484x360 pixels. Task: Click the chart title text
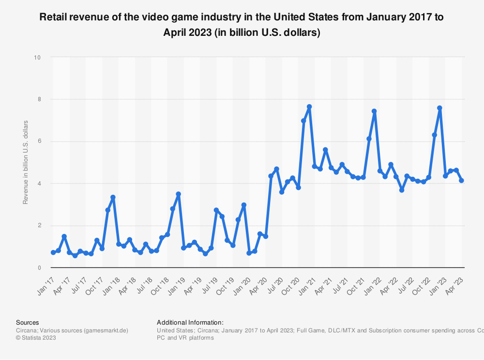pos(241,24)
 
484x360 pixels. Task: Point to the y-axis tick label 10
pos(37,58)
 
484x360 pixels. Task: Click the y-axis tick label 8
pos(39,100)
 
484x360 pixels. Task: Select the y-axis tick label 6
pos(39,141)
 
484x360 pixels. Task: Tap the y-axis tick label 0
pos(39,268)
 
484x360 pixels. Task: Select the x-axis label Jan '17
pos(46,281)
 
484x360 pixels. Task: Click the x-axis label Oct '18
pos(160,281)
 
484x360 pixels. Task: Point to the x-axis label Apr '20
pos(258,281)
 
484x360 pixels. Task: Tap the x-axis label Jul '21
pos(339,281)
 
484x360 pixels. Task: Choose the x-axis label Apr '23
pos(454,281)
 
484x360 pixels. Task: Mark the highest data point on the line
pos(309,107)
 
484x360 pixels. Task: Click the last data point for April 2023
pos(461,181)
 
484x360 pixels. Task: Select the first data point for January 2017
pos(53,252)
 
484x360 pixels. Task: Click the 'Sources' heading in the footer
pos(27,322)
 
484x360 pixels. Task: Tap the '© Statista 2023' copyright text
pos(36,338)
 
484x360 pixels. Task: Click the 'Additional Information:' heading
pos(190,322)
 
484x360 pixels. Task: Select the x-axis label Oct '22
pos(421,281)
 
